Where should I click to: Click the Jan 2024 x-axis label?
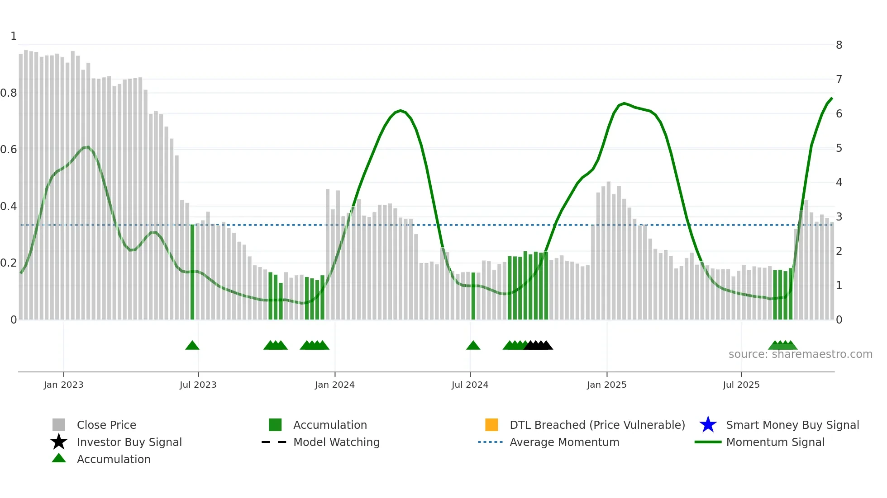click(334, 385)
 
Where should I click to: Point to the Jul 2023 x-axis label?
click(198, 385)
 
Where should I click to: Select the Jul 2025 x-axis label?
click(741, 385)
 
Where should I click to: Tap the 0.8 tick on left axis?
click(9, 93)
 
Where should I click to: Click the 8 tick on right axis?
click(839, 45)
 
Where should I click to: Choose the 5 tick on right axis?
click(839, 148)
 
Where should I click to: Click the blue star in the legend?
click(708, 425)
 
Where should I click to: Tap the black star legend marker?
click(59, 442)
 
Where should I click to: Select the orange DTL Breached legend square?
click(491, 425)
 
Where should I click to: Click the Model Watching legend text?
click(336, 442)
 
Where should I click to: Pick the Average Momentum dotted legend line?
click(490, 442)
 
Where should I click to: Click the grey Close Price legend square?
click(59, 425)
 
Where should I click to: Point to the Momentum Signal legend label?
click(775, 442)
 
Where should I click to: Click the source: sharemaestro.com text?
click(800, 354)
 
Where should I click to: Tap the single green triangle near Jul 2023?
click(192, 346)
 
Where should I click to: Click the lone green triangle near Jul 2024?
click(473, 346)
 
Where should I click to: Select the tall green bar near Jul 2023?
click(192, 271)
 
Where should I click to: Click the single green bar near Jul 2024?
click(473, 296)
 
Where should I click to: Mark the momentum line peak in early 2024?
click(400, 110)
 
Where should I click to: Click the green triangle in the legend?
click(59, 458)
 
